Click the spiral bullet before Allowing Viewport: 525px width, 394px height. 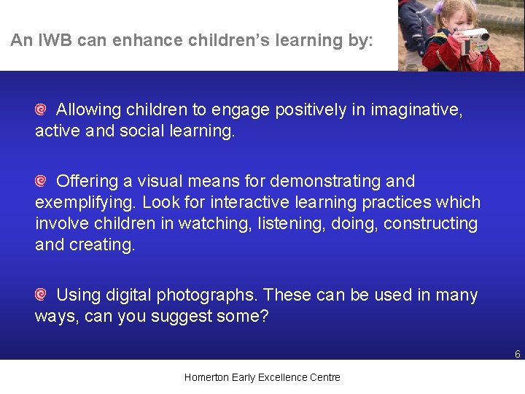(42, 110)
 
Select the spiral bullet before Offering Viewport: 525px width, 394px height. (42, 181)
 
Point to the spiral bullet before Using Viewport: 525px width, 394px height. (42, 295)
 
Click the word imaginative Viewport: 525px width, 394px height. (416, 110)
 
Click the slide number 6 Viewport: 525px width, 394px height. (517, 355)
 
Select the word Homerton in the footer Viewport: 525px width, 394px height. (206, 377)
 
